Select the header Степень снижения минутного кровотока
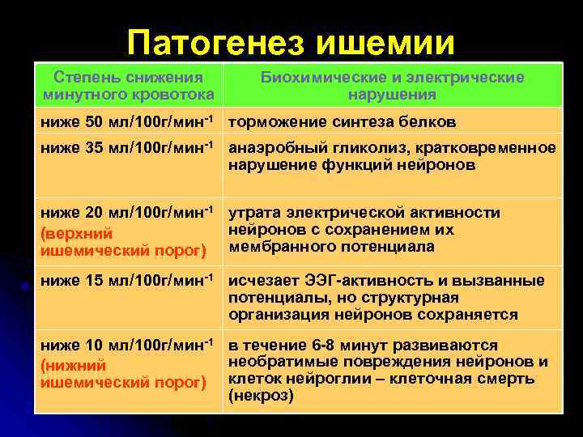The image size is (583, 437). tap(128, 86)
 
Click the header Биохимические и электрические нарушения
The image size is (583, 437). tap(392, 86)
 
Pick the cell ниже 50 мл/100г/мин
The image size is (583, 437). tap(128, 121)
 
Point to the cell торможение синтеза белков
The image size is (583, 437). tap(342, 122)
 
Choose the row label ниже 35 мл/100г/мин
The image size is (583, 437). tap(128, 148)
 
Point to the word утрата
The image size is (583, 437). tap(251, 214)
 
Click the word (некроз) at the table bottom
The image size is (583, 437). tap(261, 396)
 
